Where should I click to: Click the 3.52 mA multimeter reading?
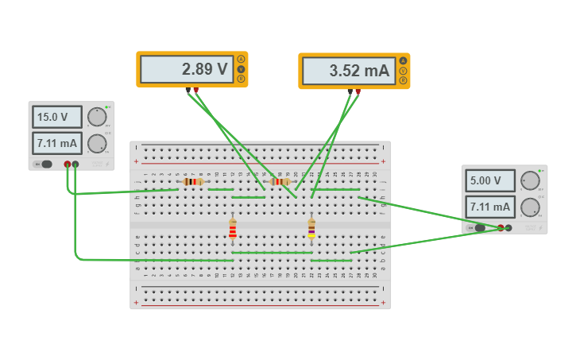pos(348,71)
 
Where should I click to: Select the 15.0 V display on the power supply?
pos(56,117)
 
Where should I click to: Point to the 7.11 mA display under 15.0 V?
pos(56,143)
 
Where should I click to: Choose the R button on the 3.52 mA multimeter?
pos(403,80)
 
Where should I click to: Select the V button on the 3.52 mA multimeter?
pos(403,71)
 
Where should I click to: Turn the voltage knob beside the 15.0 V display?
pos(96,118)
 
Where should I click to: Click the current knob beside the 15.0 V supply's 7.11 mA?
pos(96,143)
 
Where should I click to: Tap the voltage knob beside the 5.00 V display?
pos(530,181)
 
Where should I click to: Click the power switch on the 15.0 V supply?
pos(45,165)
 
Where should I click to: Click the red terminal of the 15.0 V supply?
pos(68,165)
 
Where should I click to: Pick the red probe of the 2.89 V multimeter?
pos(196,91)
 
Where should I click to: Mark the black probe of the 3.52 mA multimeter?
pos(350,91)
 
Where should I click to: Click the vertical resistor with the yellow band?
pos(311,229)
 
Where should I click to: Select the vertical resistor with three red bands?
pos(233,229)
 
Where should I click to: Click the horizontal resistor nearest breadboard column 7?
pos(191,182)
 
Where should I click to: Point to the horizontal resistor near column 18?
pos(280,182)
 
